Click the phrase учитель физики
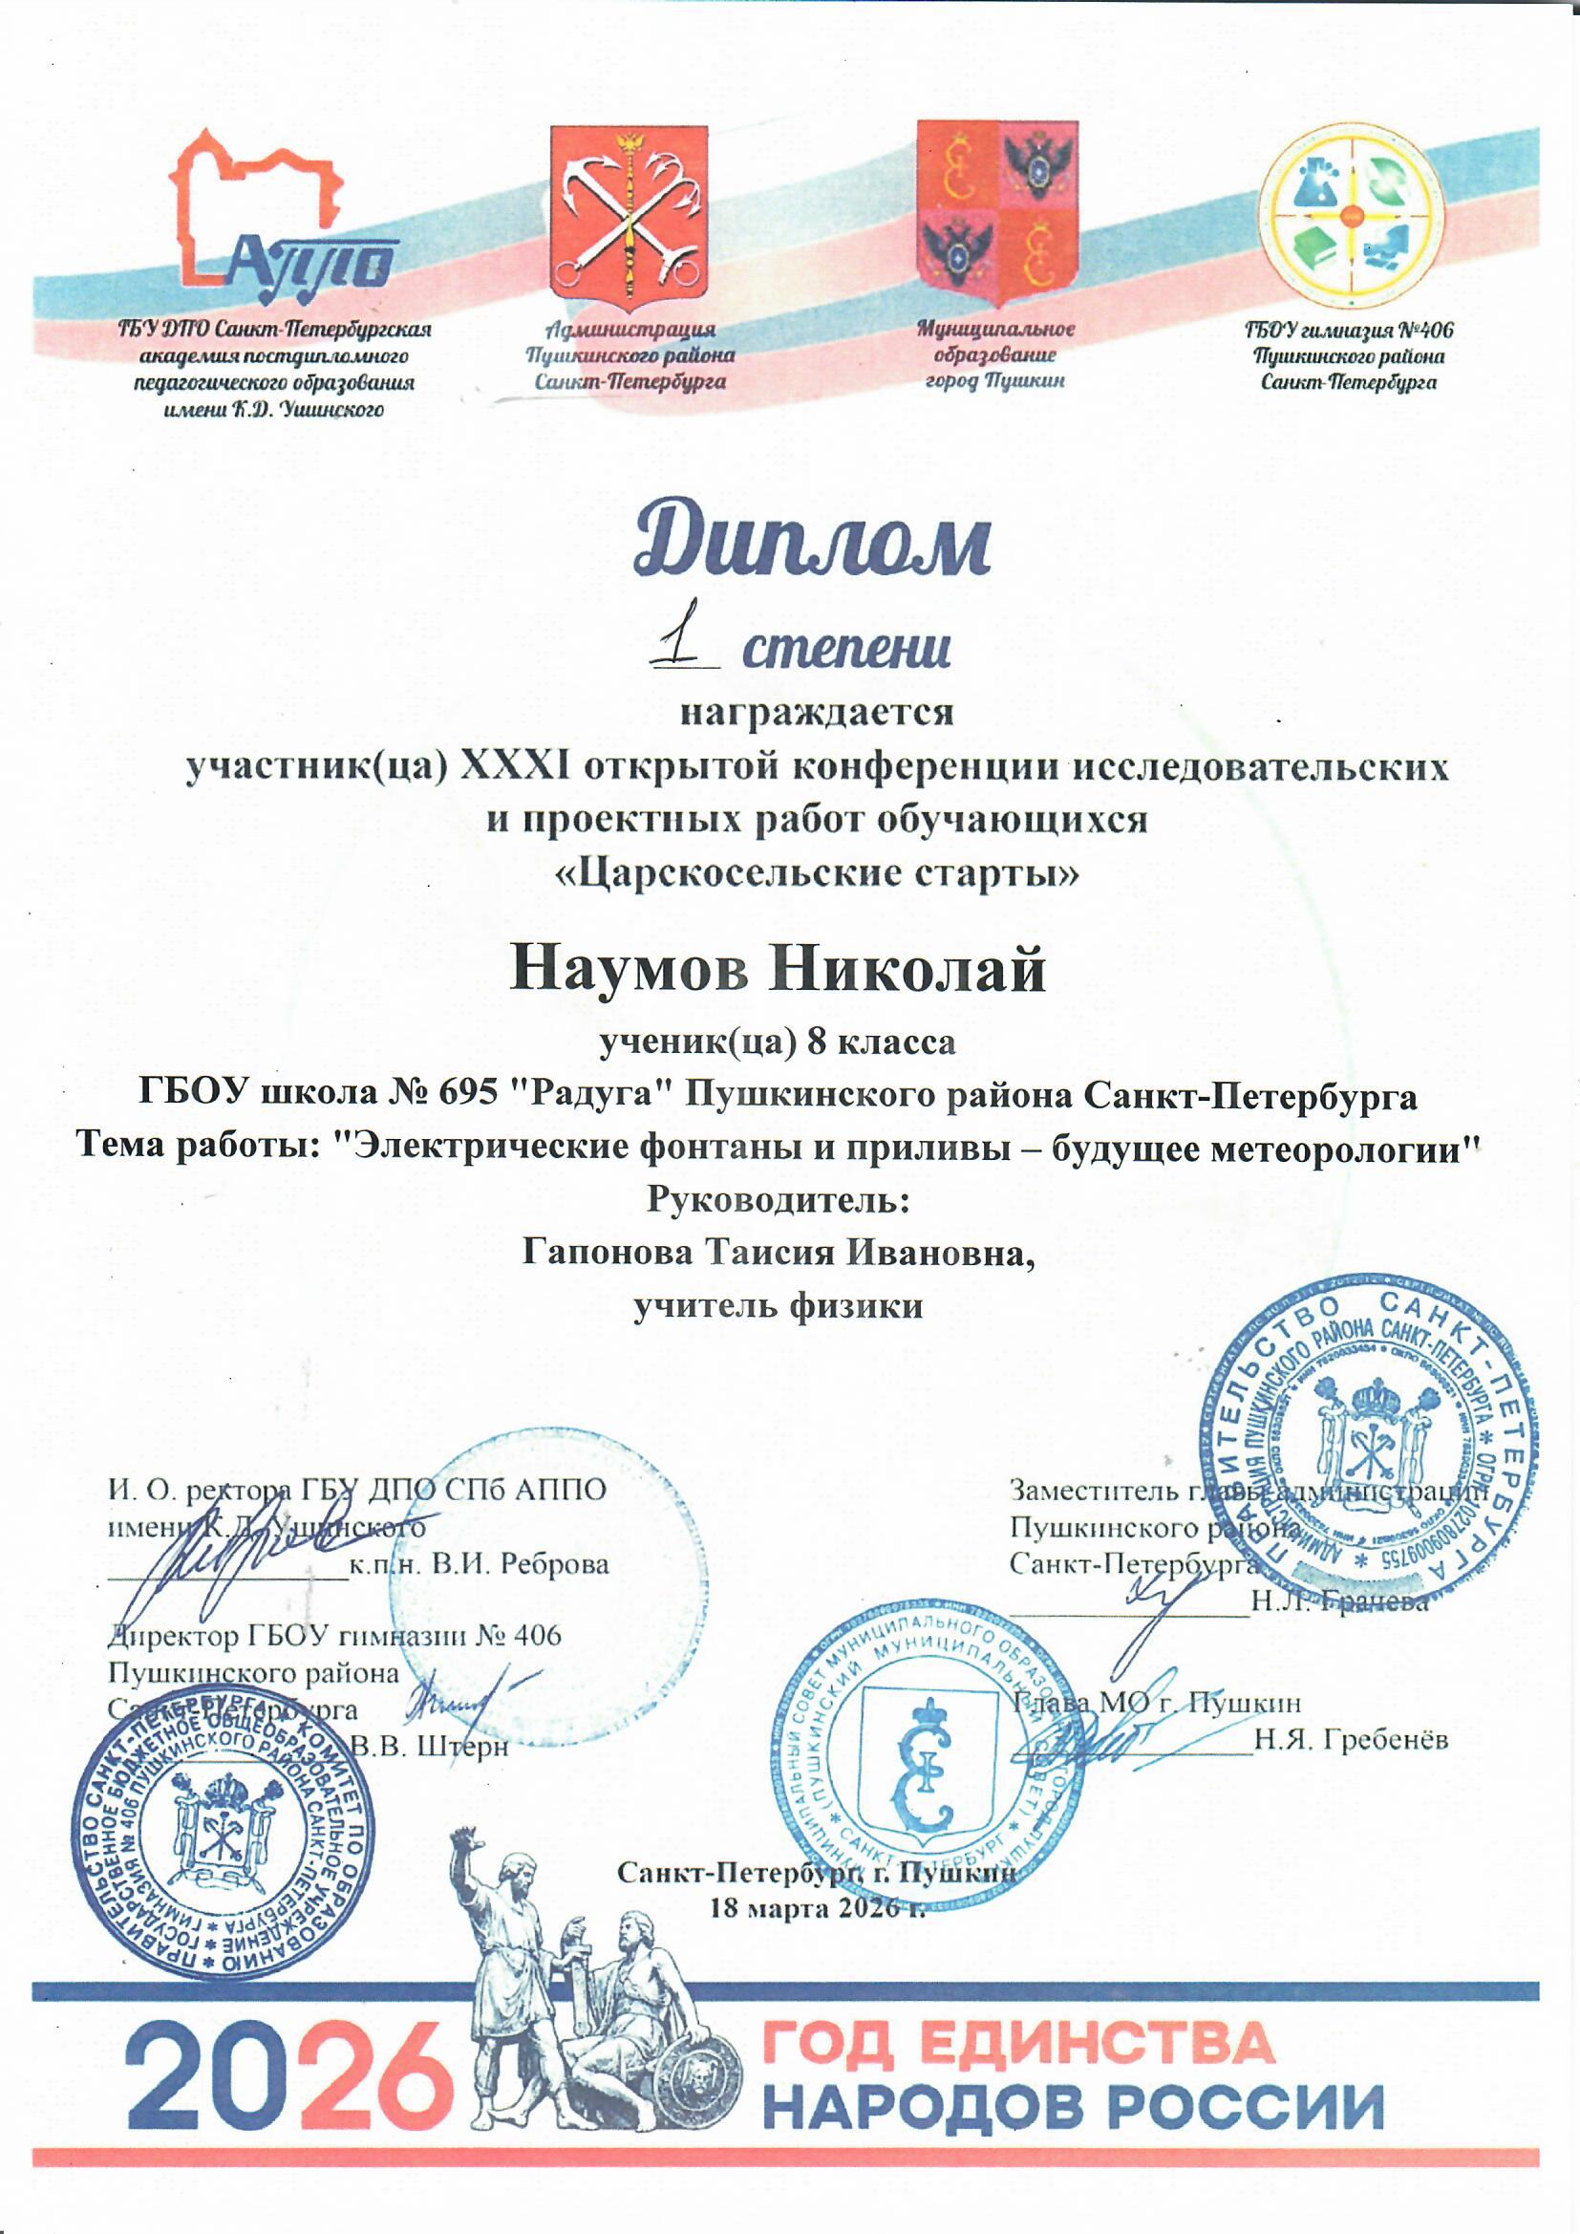click(779, 1305)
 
